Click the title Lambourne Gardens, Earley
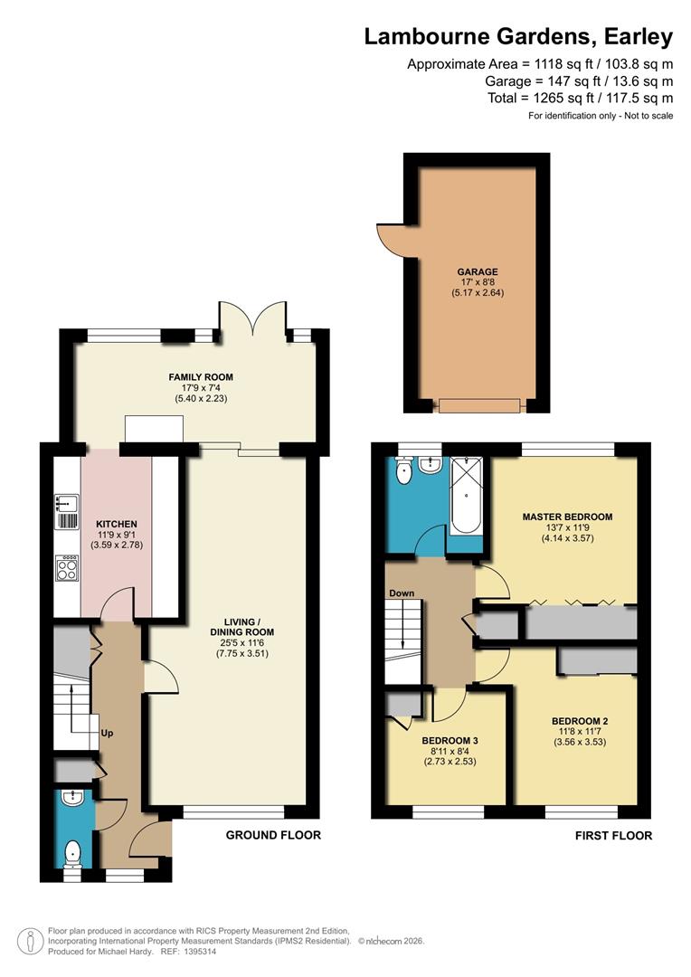518,36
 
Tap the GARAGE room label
477,271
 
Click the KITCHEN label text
117,524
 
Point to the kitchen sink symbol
66,511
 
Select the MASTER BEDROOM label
567,517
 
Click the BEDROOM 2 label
580,721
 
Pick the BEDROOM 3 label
450,740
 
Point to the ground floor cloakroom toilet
73,851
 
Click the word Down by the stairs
402,593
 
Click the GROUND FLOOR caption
273,835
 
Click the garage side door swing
390,237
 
